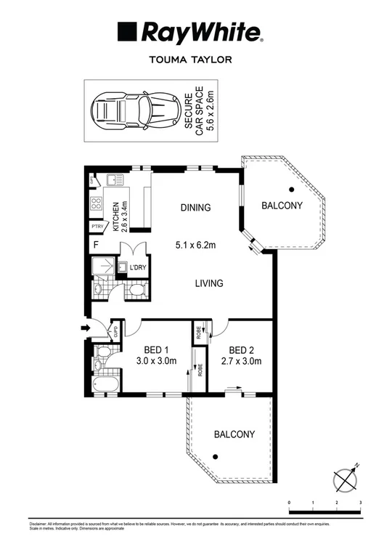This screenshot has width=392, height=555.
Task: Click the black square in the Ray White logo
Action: [128, 33]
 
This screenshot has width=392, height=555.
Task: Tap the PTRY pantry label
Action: [97, 227]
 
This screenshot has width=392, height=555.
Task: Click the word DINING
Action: [195, 208]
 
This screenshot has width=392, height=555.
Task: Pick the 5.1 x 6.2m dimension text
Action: [196, 245]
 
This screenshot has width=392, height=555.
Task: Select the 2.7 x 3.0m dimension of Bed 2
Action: [240, 361]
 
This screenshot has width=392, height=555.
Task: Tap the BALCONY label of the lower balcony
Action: [234, 434]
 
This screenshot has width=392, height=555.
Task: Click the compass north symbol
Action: [346, 479]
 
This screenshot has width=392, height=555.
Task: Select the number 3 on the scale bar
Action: [360, 503]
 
